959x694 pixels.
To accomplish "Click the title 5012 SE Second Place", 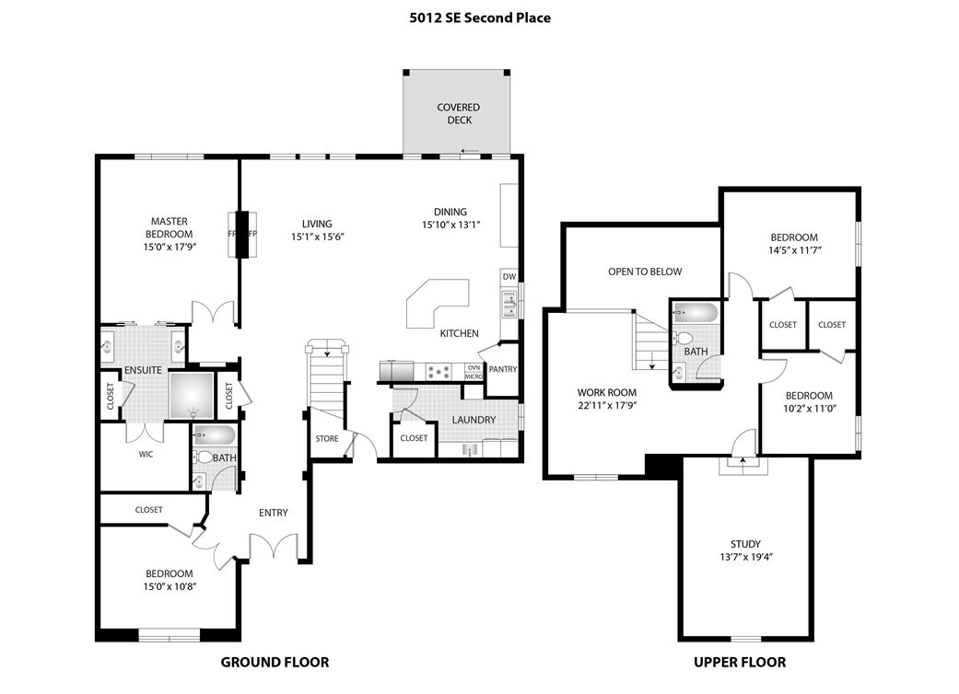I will click(480, 17).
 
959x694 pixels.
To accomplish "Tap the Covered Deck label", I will click(458, 114).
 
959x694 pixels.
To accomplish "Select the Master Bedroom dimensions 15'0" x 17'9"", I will click(169, 247).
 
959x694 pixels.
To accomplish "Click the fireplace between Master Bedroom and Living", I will click(242, 235).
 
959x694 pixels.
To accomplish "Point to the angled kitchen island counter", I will click(436, 303).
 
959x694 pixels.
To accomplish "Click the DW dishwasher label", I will click(509, 276).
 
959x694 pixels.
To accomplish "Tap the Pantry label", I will click(503, 369).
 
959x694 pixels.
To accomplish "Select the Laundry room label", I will click(474, 420).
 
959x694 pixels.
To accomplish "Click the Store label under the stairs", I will click(327, 438).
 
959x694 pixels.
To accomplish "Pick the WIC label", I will click(146, 453).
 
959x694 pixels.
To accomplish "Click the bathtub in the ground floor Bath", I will click(215, 435).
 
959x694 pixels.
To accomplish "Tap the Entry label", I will click(273, 513).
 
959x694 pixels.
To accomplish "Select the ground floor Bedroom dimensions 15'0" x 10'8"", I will click(169, 586).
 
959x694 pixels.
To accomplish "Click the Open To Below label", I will click(645, 272).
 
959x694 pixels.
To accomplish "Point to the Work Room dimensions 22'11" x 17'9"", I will click(607, 404).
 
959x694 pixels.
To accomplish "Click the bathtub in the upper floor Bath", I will click(696, 313).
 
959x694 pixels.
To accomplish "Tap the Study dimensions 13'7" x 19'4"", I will click(746, 556).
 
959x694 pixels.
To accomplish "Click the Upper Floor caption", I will click(739, 662).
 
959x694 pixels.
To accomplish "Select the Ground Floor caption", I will click(275, 662).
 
